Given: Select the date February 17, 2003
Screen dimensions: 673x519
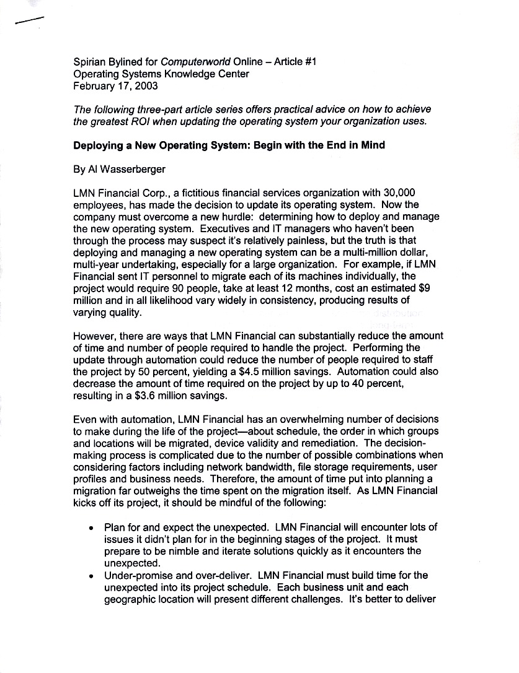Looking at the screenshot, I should click(x=115, y=86).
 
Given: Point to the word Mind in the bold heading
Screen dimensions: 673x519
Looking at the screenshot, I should click(x=372, y=145).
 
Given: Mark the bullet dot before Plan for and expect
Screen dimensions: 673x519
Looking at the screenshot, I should click(x=92, y=528).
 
